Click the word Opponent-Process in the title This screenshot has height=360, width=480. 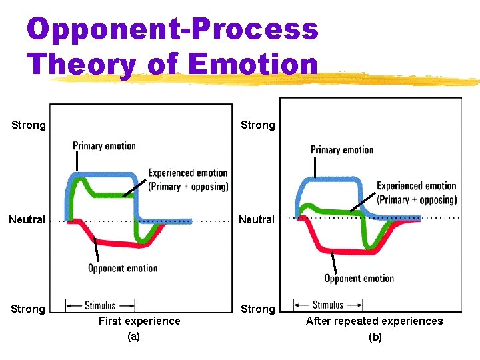(172, 29)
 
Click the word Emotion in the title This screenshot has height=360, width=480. (253, 65)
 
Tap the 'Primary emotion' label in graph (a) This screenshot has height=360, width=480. (104, 146)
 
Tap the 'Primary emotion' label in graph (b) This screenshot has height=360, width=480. (342, 150)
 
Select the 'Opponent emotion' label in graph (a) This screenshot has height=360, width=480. (123, 269)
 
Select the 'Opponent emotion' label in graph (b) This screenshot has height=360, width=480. (359, 279)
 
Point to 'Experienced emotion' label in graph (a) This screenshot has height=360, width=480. (187, 173)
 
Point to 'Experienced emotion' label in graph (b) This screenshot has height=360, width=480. (417, 186)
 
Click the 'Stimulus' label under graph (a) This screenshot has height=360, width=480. (100, 306)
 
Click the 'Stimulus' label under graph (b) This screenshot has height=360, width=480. (328, 305)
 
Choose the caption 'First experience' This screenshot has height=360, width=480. (139, 321)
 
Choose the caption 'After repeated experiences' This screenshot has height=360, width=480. (374, 321)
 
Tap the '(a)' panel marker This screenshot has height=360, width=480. (133, 337)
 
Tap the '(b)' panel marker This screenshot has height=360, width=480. (375, 337)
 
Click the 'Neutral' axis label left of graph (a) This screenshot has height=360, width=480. (27, 219)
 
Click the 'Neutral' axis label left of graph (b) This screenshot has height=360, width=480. (257, 219)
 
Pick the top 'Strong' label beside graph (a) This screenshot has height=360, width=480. (29, 125)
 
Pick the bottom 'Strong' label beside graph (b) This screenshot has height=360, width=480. (257, 309)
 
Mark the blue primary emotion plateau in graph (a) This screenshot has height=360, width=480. (107, 175)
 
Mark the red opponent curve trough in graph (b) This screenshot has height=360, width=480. (340, 251)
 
